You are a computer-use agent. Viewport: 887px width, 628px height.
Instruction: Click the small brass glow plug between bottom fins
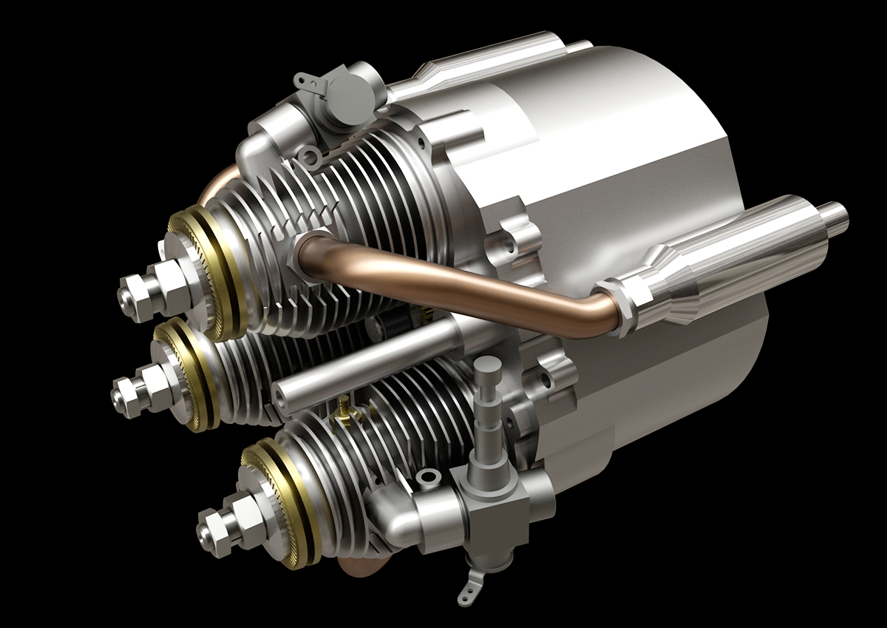tap(342, 405)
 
